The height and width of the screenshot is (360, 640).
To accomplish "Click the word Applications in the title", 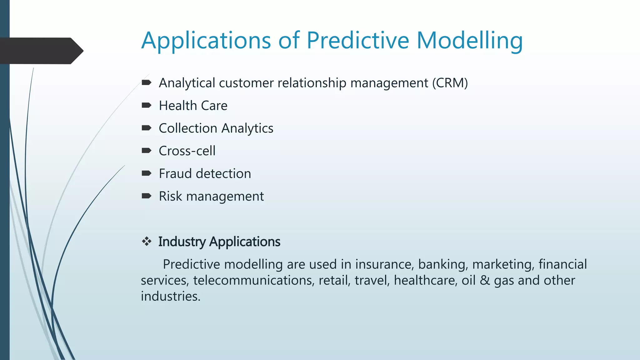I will pos(206,41).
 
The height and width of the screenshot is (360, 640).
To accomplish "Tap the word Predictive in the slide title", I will pos(357,41).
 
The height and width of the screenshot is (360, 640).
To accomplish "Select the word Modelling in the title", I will pos(469,41).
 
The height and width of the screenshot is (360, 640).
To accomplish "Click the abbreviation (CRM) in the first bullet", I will pos(450,83).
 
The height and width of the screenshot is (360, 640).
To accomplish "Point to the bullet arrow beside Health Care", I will pos(146,105).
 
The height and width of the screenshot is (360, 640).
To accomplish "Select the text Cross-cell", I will pos(187,151).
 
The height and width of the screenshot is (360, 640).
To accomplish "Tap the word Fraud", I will pos(175,174).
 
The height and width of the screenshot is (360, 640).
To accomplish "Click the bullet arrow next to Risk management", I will pos(146,196).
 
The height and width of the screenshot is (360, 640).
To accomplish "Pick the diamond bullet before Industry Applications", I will pos(146,241).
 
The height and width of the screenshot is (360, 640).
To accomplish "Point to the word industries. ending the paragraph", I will pos(170,296).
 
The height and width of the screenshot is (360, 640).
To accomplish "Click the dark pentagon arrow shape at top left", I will pos(41,51).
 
